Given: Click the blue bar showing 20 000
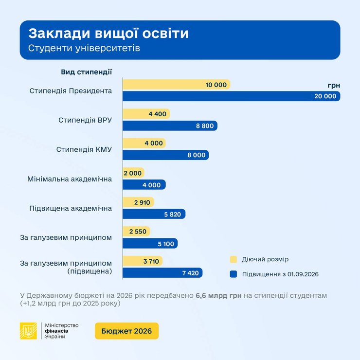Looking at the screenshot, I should point(231,96).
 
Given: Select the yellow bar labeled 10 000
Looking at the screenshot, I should point(176,85).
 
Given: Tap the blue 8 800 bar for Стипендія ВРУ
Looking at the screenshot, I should point(170,126).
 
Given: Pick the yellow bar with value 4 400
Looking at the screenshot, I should point(146,114).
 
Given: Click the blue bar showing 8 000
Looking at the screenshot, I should point(165,155).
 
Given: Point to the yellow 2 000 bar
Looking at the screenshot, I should point(133,173).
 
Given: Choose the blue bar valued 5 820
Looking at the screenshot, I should point(154,214).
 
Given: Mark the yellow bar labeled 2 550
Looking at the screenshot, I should point(136,232).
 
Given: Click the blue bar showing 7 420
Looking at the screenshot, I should point(162,273).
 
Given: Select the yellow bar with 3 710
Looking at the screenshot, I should point(143,261).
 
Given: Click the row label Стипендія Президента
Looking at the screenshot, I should point(71,91).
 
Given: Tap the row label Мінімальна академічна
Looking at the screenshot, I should point(70,179).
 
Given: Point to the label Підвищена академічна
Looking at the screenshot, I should point(71,208).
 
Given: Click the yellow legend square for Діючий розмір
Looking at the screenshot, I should point(233,259).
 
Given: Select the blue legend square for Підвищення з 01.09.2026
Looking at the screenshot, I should point(233,274).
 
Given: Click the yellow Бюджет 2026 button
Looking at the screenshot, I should point(126,331).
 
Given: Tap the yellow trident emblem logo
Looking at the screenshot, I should point(28,331).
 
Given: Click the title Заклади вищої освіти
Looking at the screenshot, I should point(108,34).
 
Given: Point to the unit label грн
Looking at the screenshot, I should point(334,85).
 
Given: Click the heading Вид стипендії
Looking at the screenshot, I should point(87,72).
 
